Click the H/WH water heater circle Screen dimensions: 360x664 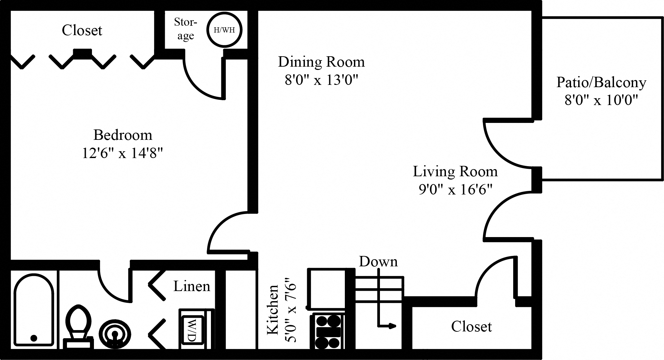(224, 30)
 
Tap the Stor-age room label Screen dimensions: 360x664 (186, 29)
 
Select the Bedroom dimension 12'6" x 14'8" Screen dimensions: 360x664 (122, 153)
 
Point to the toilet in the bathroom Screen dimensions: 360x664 (78, 325)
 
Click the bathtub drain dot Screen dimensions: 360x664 (33, 338)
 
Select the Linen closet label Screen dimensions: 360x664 (192, 286)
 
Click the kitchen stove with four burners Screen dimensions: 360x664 (328, 331)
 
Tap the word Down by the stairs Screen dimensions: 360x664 (378, 261)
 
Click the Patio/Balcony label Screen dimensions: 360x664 (601, 82)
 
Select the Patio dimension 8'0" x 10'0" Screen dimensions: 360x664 (601, 100)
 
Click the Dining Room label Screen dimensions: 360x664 (321, 62)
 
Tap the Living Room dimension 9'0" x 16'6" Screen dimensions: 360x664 (455, 189)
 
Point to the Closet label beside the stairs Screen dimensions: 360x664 (471, 327)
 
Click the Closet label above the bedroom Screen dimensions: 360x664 (82, 30)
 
